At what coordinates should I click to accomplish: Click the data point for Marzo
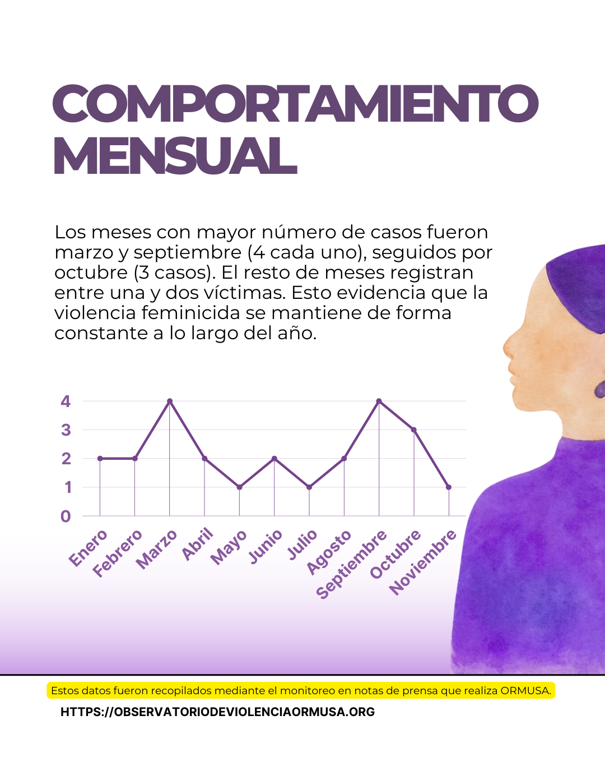[x=170, y=401]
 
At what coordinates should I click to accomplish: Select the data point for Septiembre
[x=379, y=401]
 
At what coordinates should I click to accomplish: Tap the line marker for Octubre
[x=414, y=430]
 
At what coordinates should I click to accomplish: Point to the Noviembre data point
[x=449, y=487]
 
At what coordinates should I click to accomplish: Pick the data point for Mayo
[x=239, y=487]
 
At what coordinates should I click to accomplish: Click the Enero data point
[x=100, y=459]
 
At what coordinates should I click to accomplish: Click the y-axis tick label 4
[x=66, y=401]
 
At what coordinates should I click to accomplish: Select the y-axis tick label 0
[x=66, y=516]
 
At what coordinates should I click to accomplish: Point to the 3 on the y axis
[x=66, y=430]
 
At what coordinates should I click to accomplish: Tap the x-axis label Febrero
[x=118, y=553]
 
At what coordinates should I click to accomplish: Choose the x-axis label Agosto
[x=329, y=552]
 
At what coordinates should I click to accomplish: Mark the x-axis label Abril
[x=198, y=544]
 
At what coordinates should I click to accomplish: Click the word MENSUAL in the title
[x=175, y=156]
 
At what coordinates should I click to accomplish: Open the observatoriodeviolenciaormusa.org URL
[x=217, y=712]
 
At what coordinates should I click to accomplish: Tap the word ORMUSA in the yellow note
[x=525, y=691]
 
